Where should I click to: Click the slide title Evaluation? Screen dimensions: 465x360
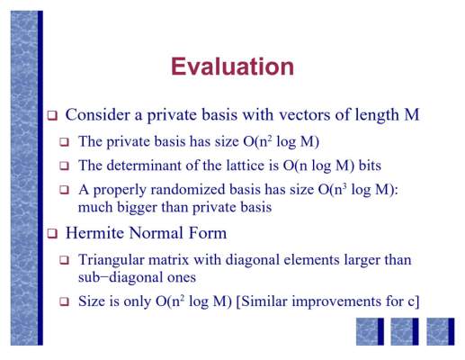tap(232, 67)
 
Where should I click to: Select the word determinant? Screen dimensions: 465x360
tap(144, 166)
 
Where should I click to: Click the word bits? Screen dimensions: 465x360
tap(370, 166)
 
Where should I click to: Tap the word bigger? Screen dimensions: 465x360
tap(137, 207)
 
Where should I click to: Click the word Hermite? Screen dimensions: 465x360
tap(94, 233)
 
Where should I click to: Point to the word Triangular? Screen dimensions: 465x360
tap(112, 260)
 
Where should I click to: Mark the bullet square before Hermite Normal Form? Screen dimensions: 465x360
tap(52, 233)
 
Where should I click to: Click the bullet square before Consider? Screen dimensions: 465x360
tap(52, 115)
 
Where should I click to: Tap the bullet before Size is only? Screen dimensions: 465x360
tap(64, 301)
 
